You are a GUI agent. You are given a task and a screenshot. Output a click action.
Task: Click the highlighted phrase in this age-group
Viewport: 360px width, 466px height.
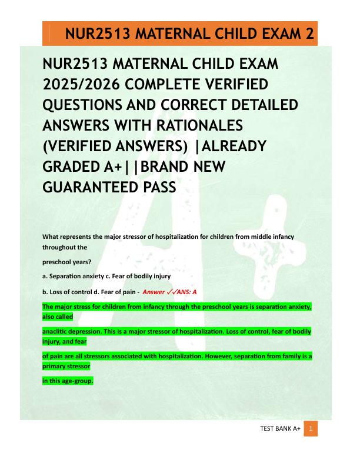point(68,381)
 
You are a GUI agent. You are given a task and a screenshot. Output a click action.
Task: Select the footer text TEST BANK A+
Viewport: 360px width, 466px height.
point(280,429)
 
